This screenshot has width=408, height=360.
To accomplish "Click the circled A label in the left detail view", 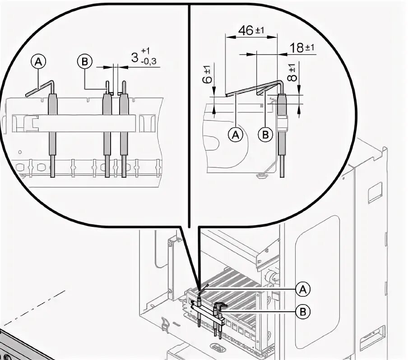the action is [38, 61].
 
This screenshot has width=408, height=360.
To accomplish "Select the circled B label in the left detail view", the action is [85, 61].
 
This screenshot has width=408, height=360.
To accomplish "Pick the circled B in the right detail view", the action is [265, 134].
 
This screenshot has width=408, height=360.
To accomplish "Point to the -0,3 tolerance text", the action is [148, 62].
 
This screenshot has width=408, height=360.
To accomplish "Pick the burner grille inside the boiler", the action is [235, 284].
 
